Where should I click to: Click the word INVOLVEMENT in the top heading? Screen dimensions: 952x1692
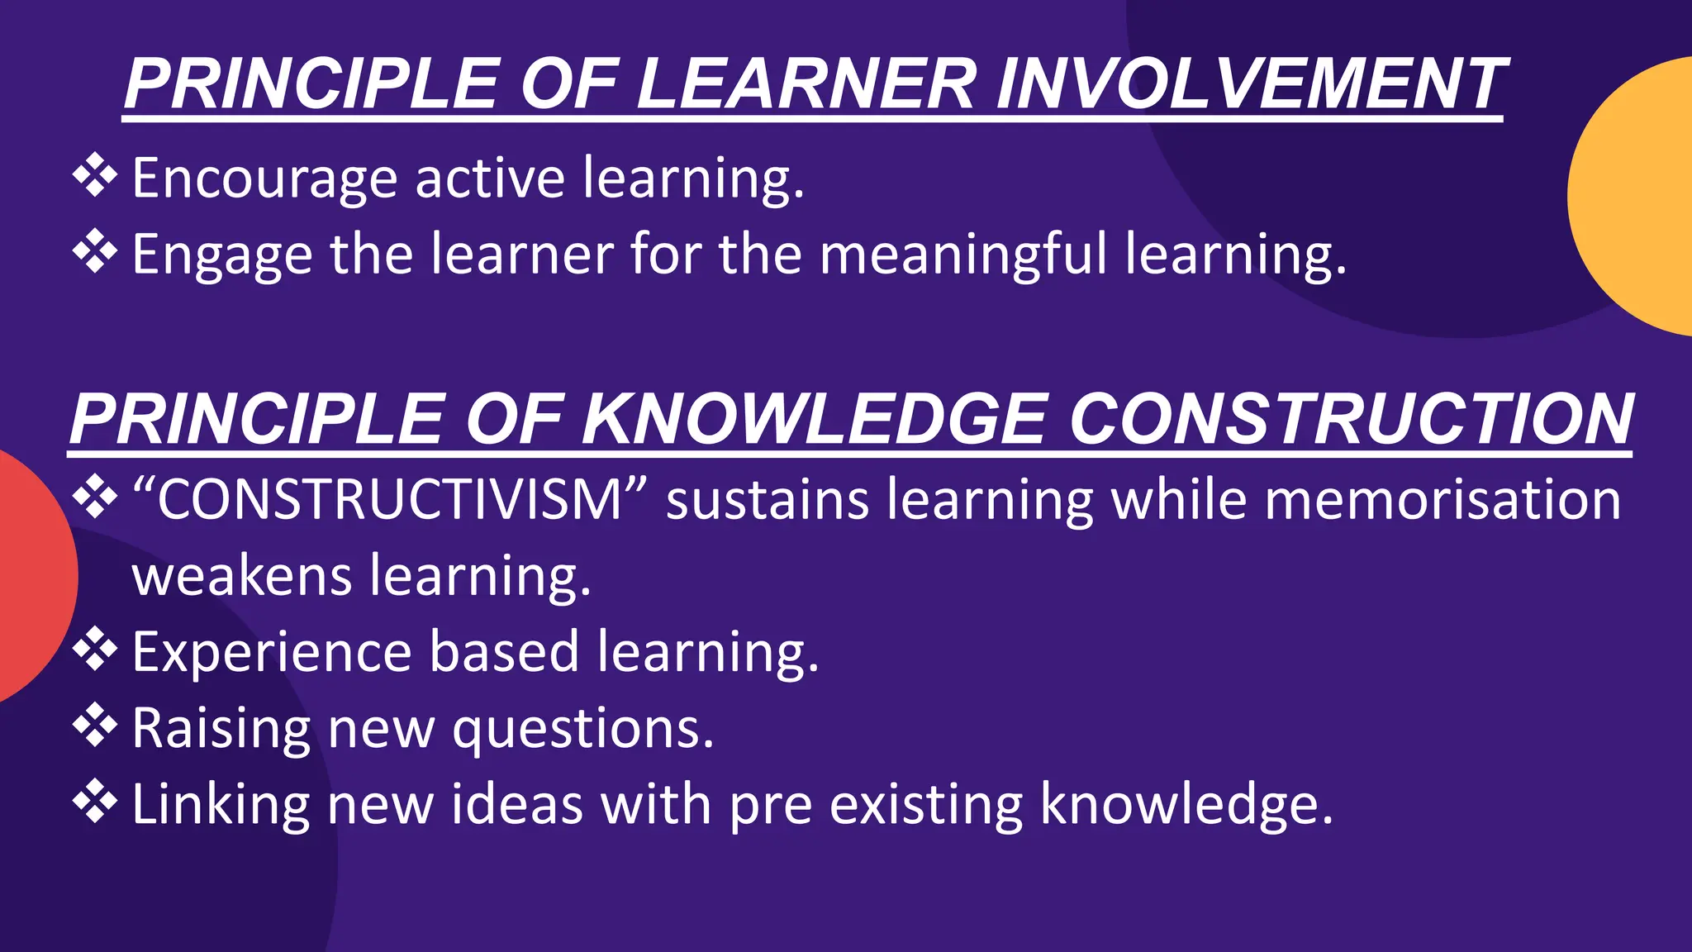1251,84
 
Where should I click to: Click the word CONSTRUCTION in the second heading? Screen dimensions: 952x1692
1350,419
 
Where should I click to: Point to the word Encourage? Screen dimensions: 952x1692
264,178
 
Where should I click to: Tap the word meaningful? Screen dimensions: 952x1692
962,255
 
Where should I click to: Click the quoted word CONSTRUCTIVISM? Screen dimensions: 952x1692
389,500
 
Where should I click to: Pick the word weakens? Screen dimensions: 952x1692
241,576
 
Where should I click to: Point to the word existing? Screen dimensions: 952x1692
925,805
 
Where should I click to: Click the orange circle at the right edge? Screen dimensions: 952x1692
1636,197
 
